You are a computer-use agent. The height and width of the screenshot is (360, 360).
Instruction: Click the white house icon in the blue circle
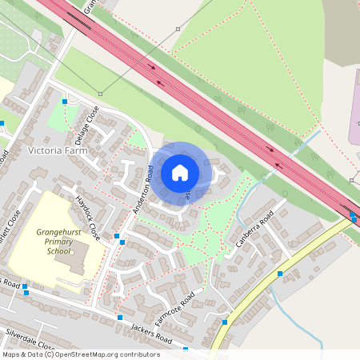[x=180, y=173]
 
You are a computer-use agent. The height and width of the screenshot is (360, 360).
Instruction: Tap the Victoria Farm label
[x=55, y=150]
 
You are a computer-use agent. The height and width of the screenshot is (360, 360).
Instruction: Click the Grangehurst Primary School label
[x=58, y=241]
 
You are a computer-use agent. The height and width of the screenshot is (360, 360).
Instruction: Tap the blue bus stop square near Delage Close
[x=65, y=102]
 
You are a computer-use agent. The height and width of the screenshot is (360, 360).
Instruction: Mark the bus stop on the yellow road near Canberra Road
[x=280, y=274]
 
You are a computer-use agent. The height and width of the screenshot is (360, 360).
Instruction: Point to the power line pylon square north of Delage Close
[x=100, y=94]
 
